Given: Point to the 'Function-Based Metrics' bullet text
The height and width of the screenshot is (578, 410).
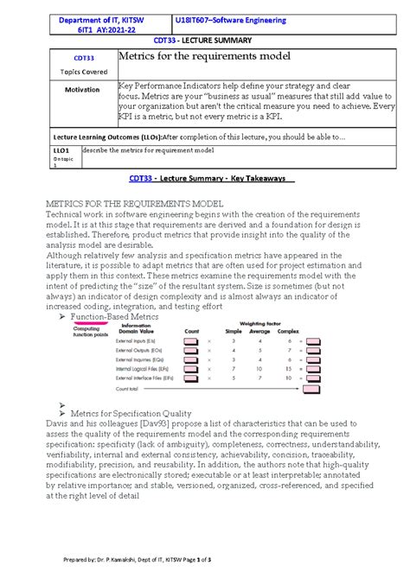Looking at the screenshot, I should [125, 317].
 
